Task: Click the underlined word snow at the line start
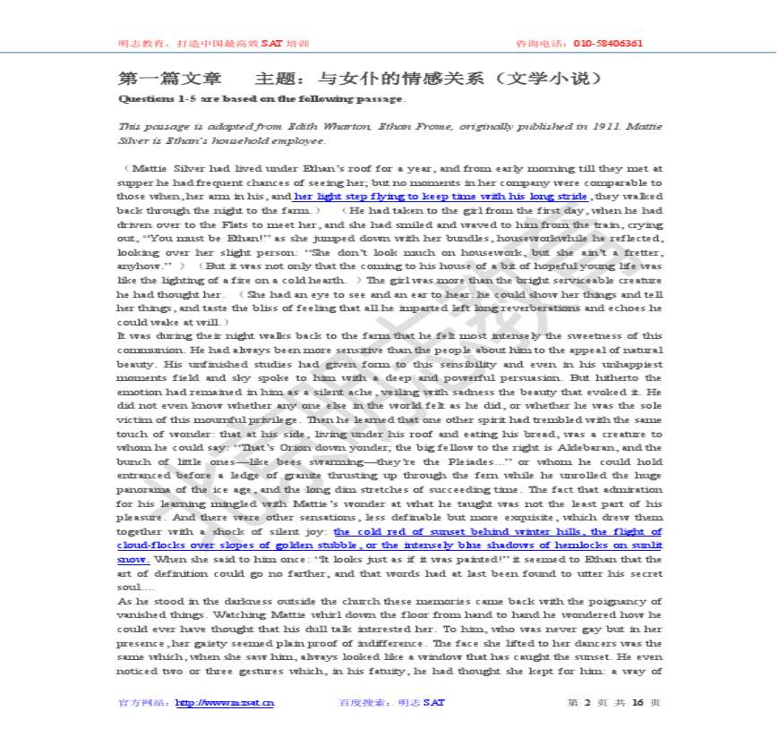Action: (x=132, y=559)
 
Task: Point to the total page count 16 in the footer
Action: (x=638, y=702)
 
